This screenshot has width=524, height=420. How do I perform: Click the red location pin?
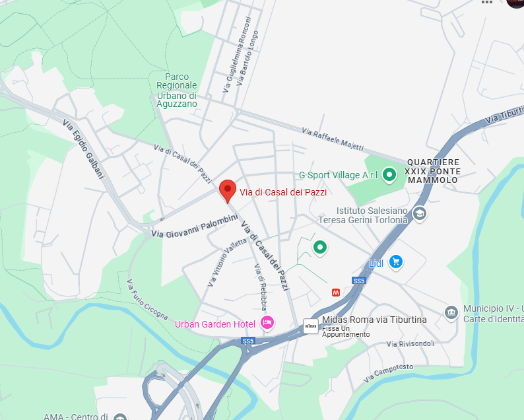coord(227,190)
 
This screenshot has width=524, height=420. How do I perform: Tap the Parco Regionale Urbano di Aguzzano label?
coord(177,90)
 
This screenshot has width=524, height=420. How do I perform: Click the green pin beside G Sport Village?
coord(389,174)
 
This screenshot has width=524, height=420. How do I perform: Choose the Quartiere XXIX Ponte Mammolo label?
coord(433,170)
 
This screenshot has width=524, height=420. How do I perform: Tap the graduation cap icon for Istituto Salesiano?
coord(419,213)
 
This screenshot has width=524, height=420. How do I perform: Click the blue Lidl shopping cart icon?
coord(395,262)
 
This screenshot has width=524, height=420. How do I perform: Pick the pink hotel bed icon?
coord(267,323)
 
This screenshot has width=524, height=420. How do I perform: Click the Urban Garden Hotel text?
coord(214,324)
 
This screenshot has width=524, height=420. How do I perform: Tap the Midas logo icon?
coord(311,325)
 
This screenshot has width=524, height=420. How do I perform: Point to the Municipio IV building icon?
coord(451,312)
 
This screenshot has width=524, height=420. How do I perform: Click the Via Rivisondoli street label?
coord(410,343)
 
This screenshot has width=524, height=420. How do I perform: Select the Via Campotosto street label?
coord(388,374)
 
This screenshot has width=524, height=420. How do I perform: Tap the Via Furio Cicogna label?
coord(147,300)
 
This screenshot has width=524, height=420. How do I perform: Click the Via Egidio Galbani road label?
coord(83,149)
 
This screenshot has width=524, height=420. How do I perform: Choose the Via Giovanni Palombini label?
coord(194,226)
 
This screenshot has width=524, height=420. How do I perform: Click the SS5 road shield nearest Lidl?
coord(358,281)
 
